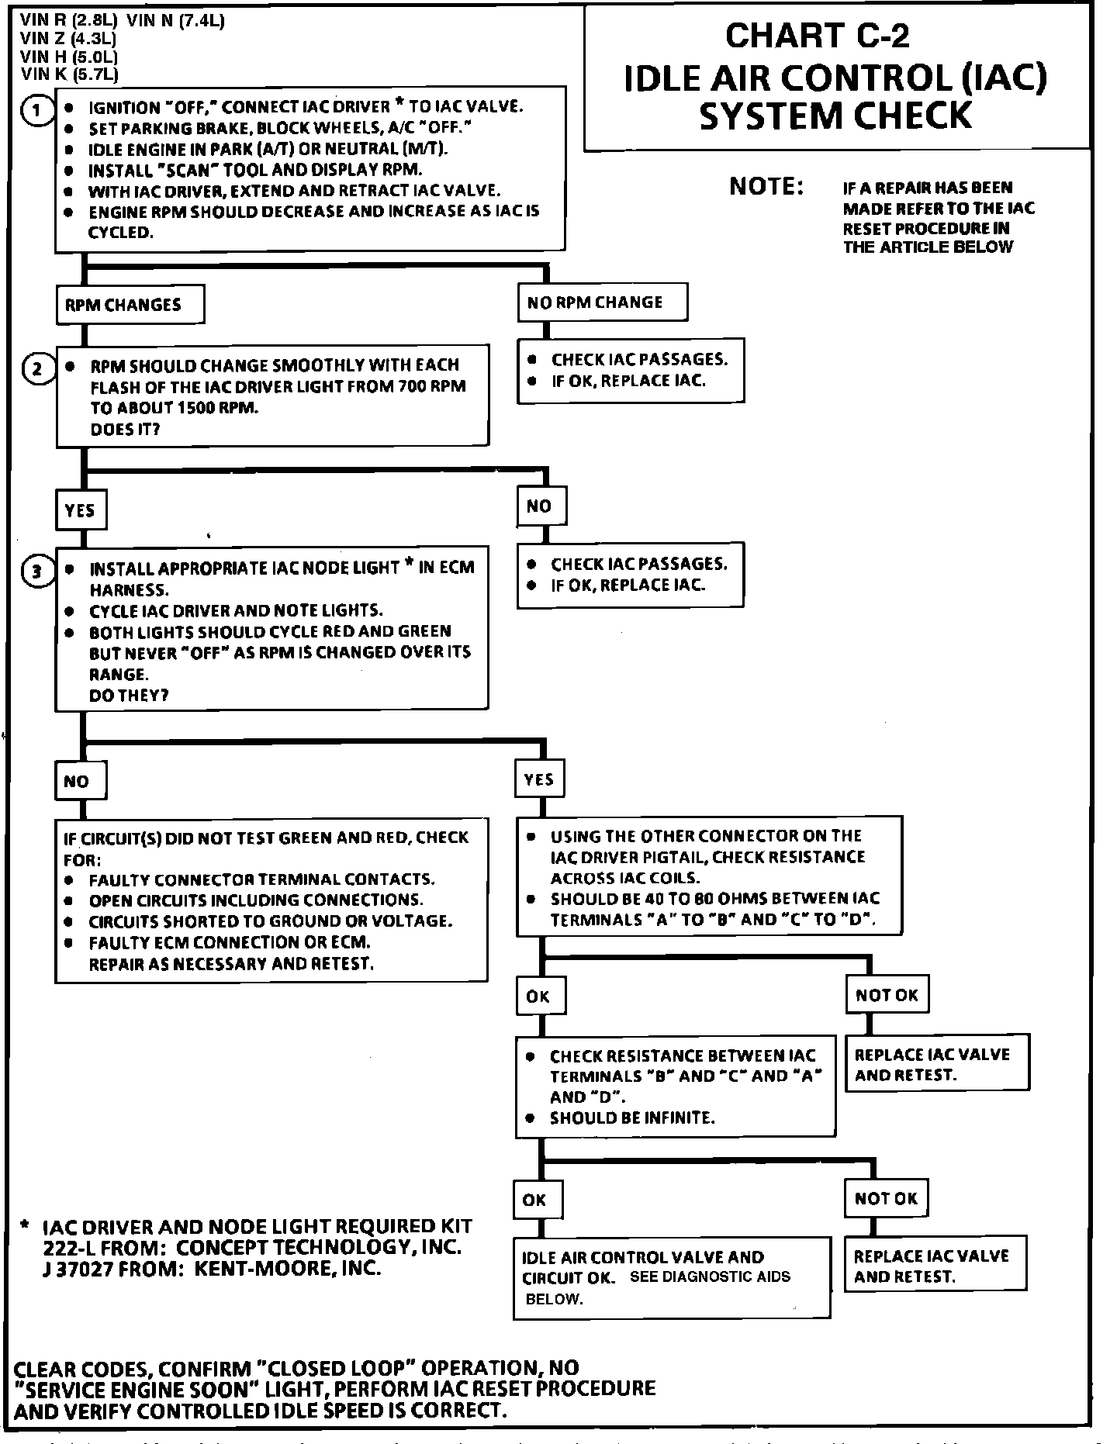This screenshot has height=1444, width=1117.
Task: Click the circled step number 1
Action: (36, 110)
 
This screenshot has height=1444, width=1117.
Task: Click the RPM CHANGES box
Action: (130, 305)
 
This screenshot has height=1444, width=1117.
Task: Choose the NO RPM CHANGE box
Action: (602, 302)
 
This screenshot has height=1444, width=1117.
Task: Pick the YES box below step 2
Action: (80, 510)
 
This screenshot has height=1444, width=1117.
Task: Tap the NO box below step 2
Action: (541, 506)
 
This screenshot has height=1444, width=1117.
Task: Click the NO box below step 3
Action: (80, 781)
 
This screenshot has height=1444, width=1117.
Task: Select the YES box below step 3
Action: (540, 779)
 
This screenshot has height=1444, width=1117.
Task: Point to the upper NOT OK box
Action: (887, 995)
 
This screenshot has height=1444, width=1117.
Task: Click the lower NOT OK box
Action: (886, 1198)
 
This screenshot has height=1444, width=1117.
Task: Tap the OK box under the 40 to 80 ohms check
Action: (540, 996)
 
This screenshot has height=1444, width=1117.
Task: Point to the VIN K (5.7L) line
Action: (70, 75)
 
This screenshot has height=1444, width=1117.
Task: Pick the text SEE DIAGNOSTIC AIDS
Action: (710, 1276)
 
